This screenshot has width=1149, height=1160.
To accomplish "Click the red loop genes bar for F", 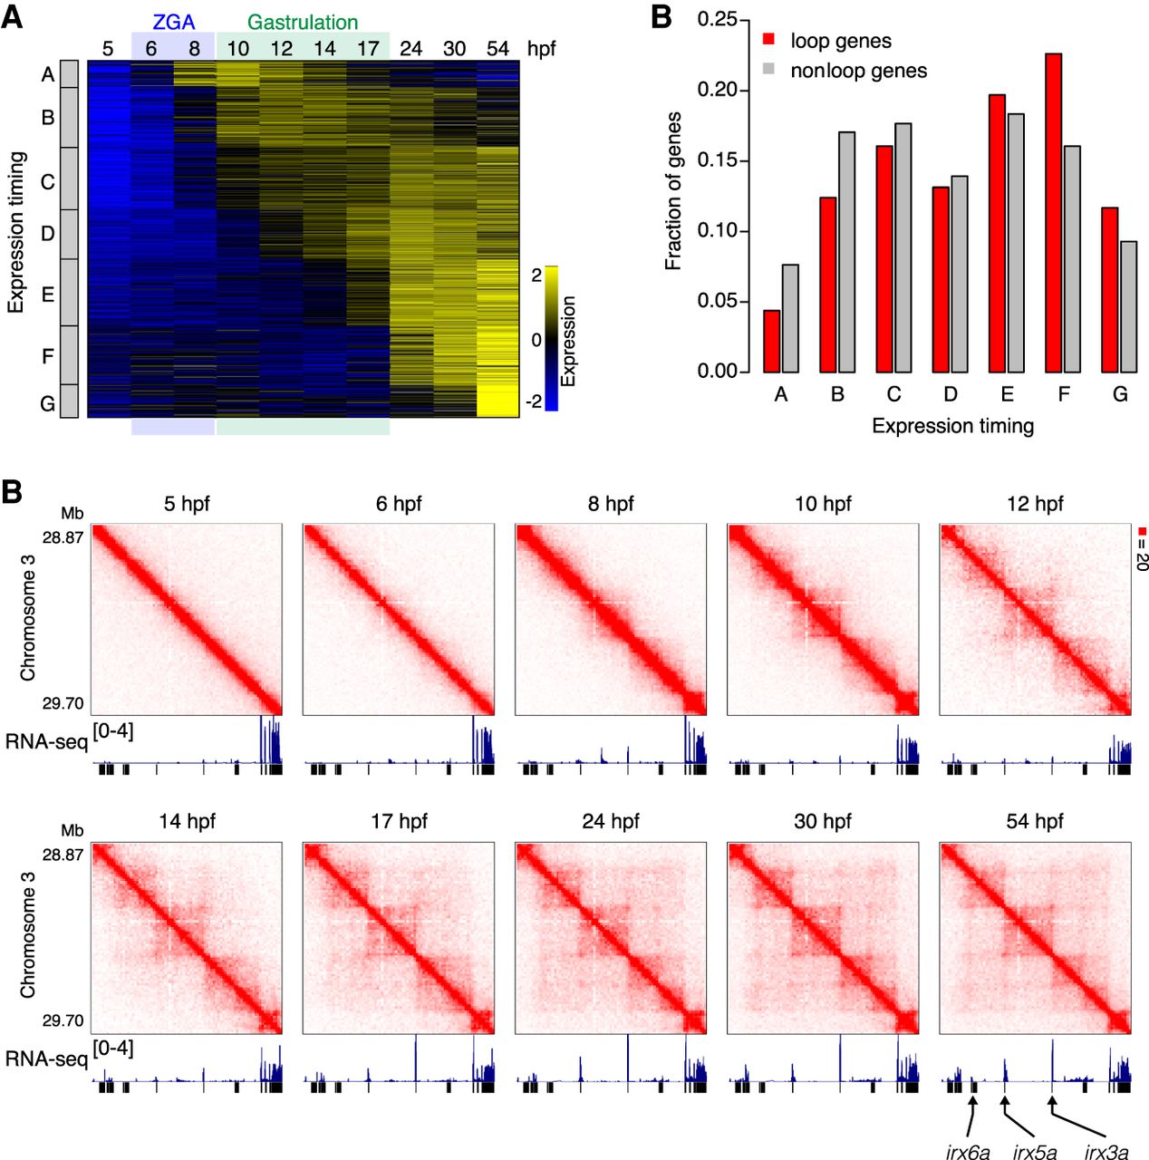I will [x=1053, y=213].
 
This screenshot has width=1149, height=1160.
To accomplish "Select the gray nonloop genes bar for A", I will [x=790, y=318].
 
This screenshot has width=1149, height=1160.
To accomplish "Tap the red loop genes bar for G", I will [x=1110, y=290].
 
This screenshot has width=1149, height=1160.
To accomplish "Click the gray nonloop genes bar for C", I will [x=903, y=247].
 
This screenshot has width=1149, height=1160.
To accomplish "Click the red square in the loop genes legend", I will [x=768, y=40].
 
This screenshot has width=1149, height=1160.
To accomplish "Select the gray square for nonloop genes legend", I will [x=768, y=70].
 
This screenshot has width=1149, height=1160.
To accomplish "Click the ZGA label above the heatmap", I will [x=173, y=23].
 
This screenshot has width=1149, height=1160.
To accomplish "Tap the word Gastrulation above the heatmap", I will [x=303, y=23].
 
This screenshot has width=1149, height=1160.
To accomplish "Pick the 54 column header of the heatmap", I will [x=497, y=49].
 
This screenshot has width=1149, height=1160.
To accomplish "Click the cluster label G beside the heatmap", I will [x=47, y=402].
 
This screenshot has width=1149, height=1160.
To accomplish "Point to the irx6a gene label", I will [x=968, y=1152].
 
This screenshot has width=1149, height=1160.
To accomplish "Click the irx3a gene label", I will [x=1106, y=1152].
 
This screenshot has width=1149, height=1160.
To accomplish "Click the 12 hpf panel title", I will [x=1035, y=504].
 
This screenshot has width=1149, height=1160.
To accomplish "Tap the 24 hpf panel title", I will [x=611, y=821].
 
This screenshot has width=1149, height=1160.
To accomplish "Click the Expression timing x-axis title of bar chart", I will [x=952, y=426].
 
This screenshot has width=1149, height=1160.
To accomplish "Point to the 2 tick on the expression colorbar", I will [x=536, y=275].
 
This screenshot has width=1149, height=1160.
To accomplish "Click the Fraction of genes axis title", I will [x=673, y=190].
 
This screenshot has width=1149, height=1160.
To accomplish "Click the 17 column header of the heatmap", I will [x=368, y=49].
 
